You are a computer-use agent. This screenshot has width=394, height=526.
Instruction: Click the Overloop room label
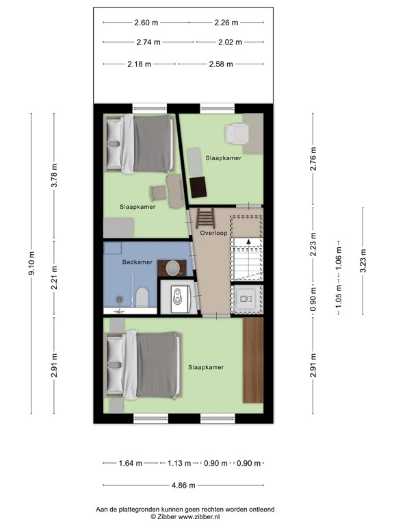point(213,234)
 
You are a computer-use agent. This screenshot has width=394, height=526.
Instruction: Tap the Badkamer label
point(137,262)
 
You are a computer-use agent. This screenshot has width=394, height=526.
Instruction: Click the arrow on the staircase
point(250,241)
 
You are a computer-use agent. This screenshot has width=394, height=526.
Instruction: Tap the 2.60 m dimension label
point(146,23)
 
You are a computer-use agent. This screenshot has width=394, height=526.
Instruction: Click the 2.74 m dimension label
point(148,42)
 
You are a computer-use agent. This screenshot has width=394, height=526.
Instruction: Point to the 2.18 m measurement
point(141,64)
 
